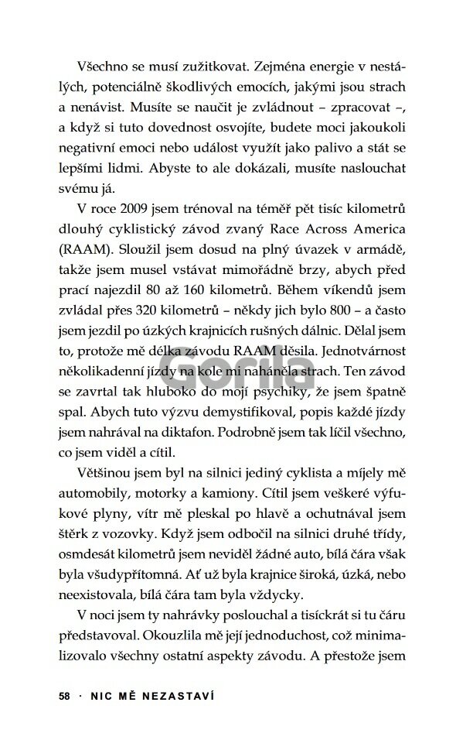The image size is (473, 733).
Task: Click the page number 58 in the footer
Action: coord(64,695)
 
